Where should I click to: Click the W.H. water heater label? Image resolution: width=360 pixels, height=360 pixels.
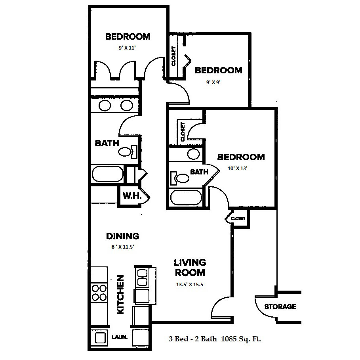pos(132,196)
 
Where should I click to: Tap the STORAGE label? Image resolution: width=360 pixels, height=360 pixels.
pos(280,306)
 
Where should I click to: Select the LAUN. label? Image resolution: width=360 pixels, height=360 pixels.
pos(120,337)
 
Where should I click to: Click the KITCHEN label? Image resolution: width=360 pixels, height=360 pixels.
pos(120,295)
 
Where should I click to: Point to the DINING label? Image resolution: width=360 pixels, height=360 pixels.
pos(123,236)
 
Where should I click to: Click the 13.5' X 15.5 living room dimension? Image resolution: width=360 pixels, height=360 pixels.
pos(190,285)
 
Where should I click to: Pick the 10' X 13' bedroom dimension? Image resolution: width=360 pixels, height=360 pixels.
pos(237,168)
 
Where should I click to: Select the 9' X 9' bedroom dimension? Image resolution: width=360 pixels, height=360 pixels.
pos(213,82)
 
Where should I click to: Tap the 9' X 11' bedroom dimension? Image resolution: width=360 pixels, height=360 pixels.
pos(127,48)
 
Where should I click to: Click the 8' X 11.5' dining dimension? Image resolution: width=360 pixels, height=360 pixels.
pos(123,247)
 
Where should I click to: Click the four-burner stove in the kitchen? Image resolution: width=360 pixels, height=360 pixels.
pos(99,293)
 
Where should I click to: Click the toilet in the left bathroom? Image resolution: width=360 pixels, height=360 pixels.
pos(128,151)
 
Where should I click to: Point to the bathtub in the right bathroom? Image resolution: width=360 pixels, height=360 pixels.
pos(186,197)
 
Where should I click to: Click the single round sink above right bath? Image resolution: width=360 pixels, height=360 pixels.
pos(193,154)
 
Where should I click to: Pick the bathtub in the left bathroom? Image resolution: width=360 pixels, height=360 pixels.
pos(108,174)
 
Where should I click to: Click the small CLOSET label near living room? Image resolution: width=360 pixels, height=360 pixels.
pos(238,218)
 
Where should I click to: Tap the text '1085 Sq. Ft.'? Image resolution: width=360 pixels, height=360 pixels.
pos(241,339)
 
